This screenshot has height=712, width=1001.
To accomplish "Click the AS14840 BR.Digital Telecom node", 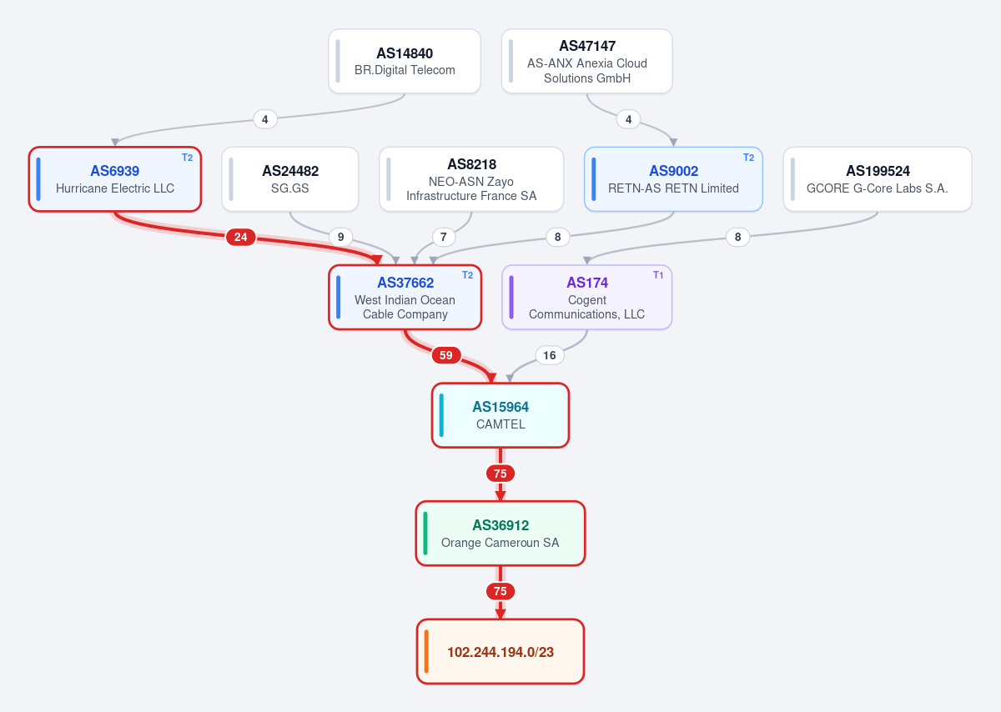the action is coord(405,62).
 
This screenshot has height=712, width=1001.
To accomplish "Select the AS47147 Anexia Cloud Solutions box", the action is coord(586,62).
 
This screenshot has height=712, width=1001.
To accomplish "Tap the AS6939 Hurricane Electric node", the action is coord(115,179).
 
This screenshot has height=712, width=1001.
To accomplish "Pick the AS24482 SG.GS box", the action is coord(290,179).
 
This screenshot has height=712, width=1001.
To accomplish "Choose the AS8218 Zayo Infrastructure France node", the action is coord(471,179).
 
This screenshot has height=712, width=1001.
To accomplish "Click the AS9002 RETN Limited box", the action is coord(673,179).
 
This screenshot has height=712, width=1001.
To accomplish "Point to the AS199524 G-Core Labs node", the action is coord(878,179).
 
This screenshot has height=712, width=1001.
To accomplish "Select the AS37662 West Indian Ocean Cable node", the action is coord(405,298).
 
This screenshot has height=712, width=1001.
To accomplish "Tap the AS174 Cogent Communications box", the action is coord(586,298).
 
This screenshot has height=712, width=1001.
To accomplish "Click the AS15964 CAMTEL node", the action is coord(500,415).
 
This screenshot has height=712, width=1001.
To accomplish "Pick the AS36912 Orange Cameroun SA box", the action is coord(500,534).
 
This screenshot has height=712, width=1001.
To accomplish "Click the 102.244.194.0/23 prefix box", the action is coord(500,651).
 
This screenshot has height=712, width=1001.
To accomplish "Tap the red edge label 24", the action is coord(241,237).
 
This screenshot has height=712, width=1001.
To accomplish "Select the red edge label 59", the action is coord(446,355).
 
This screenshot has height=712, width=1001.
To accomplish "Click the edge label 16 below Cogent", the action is coord(550,355).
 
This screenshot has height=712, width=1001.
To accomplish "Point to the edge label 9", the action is coord(340,237).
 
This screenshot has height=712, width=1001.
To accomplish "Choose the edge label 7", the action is coord(443,237).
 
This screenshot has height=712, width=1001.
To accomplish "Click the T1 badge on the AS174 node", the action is coord(658,275).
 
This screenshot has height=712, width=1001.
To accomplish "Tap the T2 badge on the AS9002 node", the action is coord(748,158).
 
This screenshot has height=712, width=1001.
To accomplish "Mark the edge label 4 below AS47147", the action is coord(628,119).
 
